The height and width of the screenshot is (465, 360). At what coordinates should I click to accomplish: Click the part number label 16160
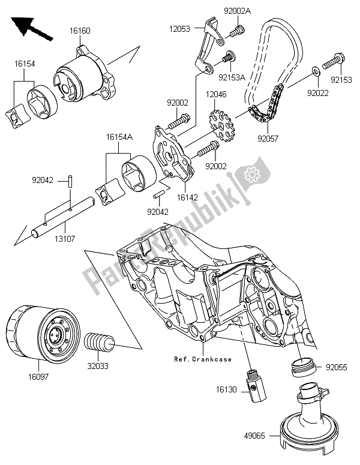pyautogui.click(x=80, y=31)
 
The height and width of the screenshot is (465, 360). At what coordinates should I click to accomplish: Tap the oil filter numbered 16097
pyautogui.click(x=43, y=332)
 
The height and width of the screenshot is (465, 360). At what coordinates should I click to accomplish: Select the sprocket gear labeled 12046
pyautogui.click(x=222, y=125)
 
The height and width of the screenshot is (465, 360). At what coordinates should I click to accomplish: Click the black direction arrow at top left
pyautogui.click(x=31, y=28)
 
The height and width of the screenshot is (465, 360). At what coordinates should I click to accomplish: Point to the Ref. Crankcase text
pyautogui.click(x=203, y=359)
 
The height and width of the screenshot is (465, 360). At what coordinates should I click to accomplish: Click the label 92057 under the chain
pyautogui.click(x=268, y=139)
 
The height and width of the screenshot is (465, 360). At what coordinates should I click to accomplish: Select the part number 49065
pyautogui.click(x=255, y=436)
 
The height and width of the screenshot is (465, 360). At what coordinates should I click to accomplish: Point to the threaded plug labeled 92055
pyautogui.click(x=304, y=367)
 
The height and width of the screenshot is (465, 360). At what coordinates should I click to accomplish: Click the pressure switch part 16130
pyautogui.click(x=256, y=386)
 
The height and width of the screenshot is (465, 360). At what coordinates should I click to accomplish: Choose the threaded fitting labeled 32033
pyautogui.click(x=99, y=343)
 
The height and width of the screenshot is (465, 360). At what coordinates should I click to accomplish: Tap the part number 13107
pyautogui.click(x=65, y=238)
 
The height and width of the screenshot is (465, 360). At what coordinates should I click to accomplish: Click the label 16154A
pyautogui.click(x=120, y=137)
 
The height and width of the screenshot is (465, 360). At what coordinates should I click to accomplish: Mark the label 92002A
pyautogui.click(x=237, y=11)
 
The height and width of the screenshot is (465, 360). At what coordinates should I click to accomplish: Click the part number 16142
pyautogui.click(x=187, y=197)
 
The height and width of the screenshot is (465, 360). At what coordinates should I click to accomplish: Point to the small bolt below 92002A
pyautogui.click(x=236, y=31)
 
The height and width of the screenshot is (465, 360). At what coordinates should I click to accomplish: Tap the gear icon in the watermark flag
pyautogui.click(x=252, y=175)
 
